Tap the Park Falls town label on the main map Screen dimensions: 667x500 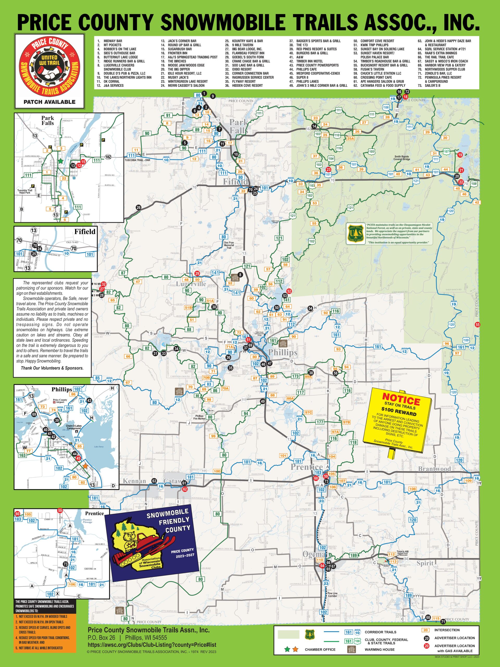click(239, 126)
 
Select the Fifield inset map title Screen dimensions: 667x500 click(85, 232)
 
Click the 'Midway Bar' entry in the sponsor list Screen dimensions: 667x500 click(113, 41)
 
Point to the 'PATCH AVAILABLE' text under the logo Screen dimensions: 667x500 click(49, 102)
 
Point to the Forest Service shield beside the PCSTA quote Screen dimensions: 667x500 click(355, 233)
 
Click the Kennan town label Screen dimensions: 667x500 click(134, 481)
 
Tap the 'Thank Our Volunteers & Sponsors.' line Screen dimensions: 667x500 click(52, 368)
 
